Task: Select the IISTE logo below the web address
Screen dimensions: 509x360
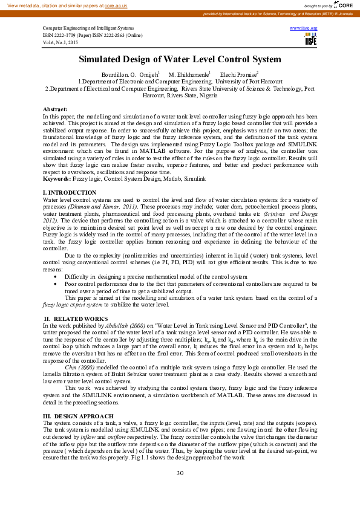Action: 311,40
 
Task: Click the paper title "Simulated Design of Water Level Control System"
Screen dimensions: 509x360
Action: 180,59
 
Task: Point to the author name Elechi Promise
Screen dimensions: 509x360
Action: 238,74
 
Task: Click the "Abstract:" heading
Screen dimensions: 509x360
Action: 55,108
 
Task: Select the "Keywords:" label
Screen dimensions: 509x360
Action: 57,180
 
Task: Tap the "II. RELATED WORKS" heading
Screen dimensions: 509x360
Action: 76,318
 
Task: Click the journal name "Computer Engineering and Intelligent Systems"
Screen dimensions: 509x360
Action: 88,28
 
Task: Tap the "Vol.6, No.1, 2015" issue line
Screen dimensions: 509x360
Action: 62,42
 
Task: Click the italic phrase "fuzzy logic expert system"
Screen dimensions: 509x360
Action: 73,305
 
